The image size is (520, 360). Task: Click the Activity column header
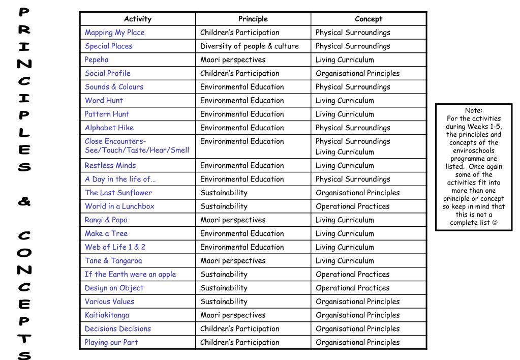point(138,19)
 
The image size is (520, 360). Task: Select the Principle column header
point(253,19)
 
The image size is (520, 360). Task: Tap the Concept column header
point(369,19)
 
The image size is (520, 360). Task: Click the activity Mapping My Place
point(114,33)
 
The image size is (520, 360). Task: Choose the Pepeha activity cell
point(97,60)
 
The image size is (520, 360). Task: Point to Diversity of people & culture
point(250,46)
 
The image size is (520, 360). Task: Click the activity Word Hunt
point(104,101)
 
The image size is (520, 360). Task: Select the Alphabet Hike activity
point(109,128)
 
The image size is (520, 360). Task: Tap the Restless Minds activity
point(110,166)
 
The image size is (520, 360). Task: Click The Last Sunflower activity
point(118,193)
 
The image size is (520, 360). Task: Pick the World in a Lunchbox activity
point(119,206)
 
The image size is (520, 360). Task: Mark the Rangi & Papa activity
point(106,220)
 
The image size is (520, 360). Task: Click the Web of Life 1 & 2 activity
point(115,247)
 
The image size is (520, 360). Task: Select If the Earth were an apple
point(130,275)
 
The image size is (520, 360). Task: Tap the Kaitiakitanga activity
point(107,315)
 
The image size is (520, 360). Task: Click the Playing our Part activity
point(111,343)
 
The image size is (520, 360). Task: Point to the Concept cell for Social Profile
point(357,74)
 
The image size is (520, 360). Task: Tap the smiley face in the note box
point(495,223)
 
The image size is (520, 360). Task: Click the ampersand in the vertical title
point(24,201)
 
